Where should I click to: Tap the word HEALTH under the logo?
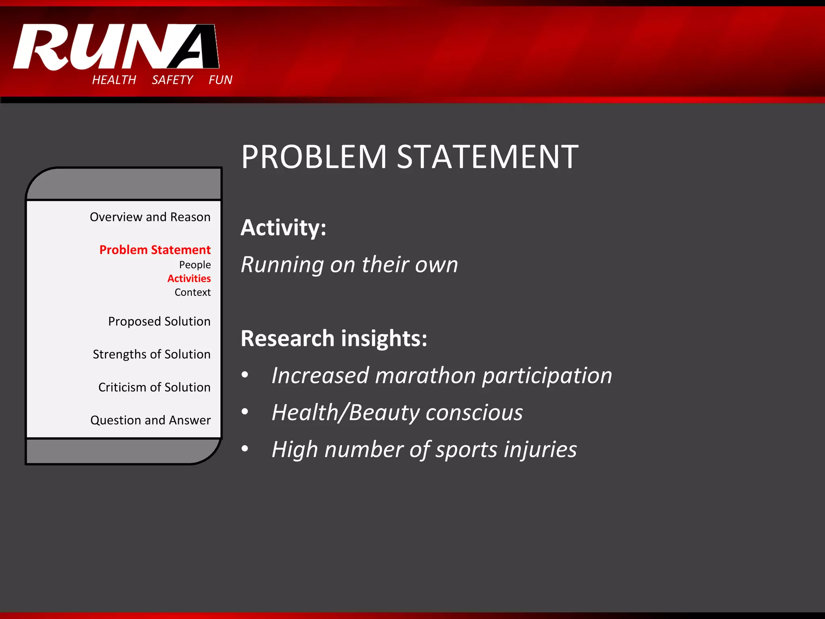pyautogui.click(x=114, y=80)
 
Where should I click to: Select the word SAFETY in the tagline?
pyautogui.click(x=172, y=80)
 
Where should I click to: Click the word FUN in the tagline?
pyautogui.click(x=220, y=80)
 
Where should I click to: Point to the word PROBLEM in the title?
pyautogui.click(x=314, y=157)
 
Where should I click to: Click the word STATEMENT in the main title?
pyautogui.click(x=487, y=157)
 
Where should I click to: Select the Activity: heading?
pyautogui.click(x=283, y=228)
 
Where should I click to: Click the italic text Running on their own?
pyautogui.click(x=349, y=265)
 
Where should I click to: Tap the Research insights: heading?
pyautogui.click(x=334, y=338)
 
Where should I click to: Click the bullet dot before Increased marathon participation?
pyautogui.click(x=245, y=375)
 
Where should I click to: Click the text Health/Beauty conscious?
pyautogui.click(x=397, y=413)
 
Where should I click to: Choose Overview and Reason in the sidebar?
pyautogui.click(x=150, y=217)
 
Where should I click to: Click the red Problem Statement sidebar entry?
pyautogui.click(x=155, y=250)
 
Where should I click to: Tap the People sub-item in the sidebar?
pyautogui.click(x=195, y=265)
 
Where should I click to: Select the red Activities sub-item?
pyautogui.click(x=189, y=278)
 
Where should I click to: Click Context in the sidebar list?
pyautogui.click(x=193, y=292)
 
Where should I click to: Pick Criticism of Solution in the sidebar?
pyautogui.click(x=154, y=387)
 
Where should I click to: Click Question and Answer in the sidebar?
pyautogui.click(x=150, y=420)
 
